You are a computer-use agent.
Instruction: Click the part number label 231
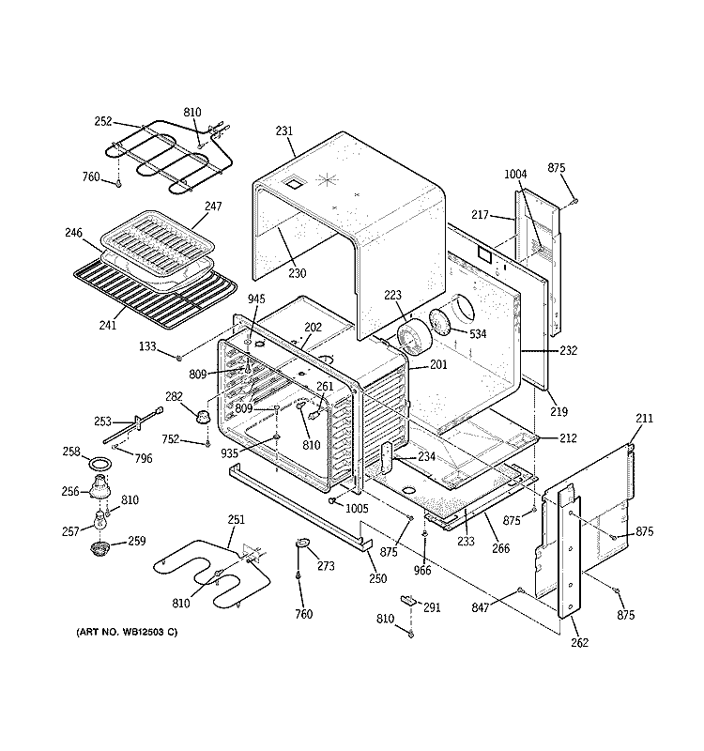coord(284,132)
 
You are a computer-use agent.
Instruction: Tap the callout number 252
coord(103,121)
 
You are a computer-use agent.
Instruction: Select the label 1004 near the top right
coord(516,174)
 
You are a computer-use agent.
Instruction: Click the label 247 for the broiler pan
coord(213,206)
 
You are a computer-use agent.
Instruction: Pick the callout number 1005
coord(356,508)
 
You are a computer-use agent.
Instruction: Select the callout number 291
coord(432,606)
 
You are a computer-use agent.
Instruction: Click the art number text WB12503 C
coord(126,631)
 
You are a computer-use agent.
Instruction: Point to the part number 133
coord(146,347)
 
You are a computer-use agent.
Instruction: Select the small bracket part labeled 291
coord(408,599)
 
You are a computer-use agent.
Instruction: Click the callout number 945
coord(256,299)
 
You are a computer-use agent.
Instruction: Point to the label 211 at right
coord(644,418)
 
